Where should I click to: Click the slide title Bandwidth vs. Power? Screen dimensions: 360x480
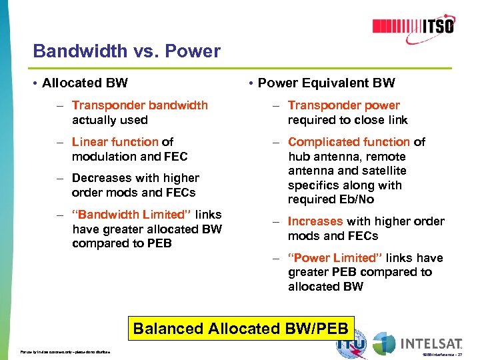[x=127, y=51]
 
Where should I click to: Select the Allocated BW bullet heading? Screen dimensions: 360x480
[x=85, y=83]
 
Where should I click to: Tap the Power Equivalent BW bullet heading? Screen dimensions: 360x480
[x=326, y=83]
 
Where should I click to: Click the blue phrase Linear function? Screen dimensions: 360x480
[x=115, y=142]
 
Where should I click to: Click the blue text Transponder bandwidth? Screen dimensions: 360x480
[x=140, y=105]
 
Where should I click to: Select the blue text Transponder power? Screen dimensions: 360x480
[x=344, y=105]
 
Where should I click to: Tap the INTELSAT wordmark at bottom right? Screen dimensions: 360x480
[x=431, y=344]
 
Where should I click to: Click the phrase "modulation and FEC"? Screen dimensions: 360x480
[x=130, y=157]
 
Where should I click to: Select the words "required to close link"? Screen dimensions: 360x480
[x=347, y=120]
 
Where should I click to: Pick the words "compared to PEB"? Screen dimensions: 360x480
[x=122, y=243]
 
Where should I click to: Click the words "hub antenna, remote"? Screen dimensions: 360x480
[x=347, y=157]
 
